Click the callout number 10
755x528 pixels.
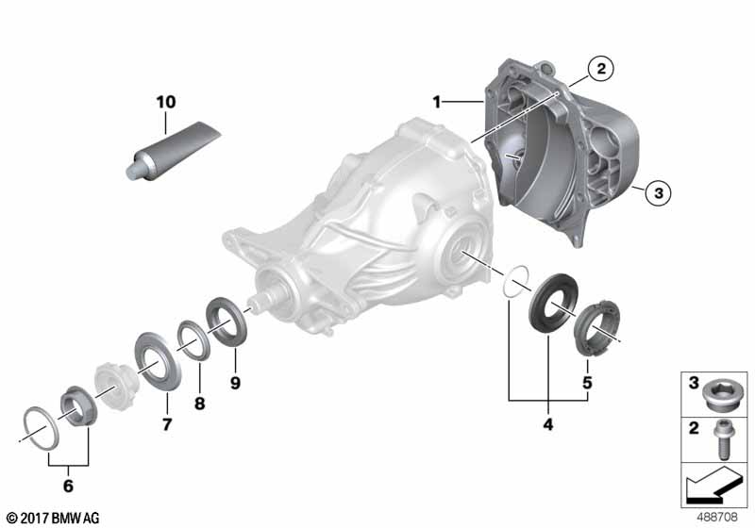pyautogui.click(x=166, y=102)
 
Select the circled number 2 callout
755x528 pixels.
pyautogui.click(x=600, y=68)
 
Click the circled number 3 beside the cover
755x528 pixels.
pyautogui.click(x=658, y=193)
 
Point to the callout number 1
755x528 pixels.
pyautogui.click(x=437, y=102)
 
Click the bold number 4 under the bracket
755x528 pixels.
pyautogui.click(x=548, y=424)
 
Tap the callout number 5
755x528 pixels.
pyautogui.click(x=587, y=383)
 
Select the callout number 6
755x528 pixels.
pyautogui.click(x=68, y=486)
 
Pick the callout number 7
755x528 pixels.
pyautogui.click(x=167, y=424)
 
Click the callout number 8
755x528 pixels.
pyautogui.click(x=199, y=404)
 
